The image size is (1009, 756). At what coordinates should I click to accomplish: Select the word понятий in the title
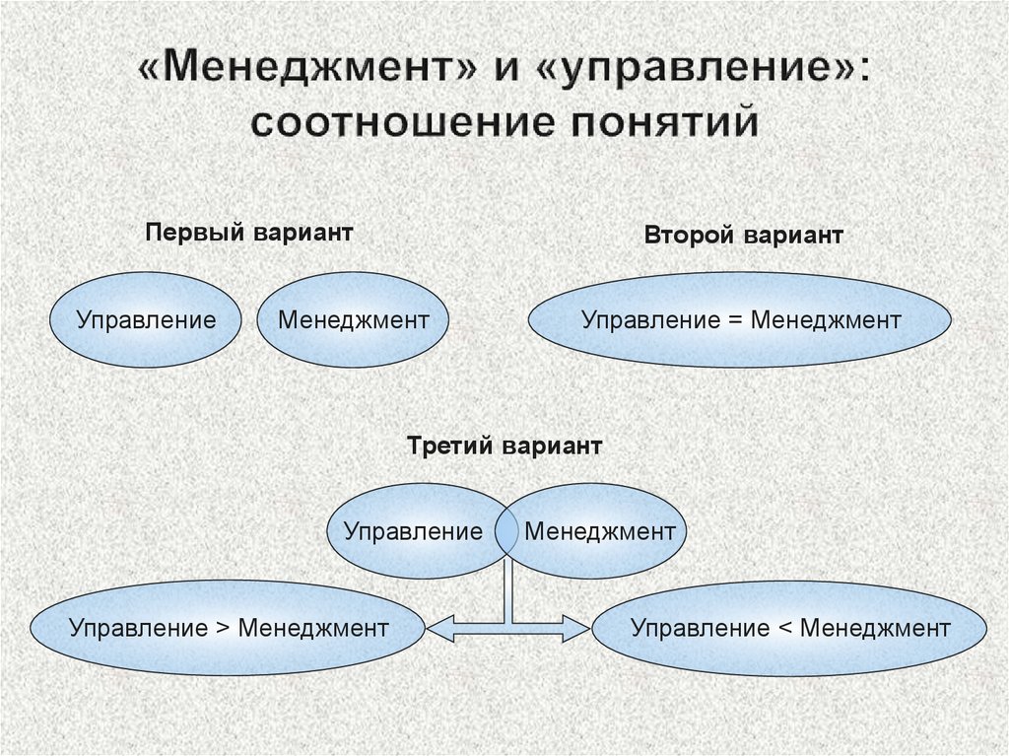(x=665, y=121)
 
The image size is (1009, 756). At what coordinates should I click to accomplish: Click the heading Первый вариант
(x=249, y=232)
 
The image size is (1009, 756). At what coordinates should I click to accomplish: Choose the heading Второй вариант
(x=743, y=235)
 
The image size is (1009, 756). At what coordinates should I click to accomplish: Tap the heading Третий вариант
(x=504, y=446)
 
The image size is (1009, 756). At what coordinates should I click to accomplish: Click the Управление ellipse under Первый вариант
(x=146, y=320)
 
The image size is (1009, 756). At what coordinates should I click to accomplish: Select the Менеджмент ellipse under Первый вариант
(x=353, y=320)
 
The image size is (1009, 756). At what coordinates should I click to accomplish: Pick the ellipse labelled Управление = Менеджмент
(x=740, y=320)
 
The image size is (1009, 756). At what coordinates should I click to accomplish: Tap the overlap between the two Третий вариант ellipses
(x=506, y=531)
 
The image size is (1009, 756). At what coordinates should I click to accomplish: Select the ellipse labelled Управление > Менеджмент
(x=228, y=628)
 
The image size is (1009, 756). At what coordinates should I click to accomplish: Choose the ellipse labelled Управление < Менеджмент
(x=789, y=628)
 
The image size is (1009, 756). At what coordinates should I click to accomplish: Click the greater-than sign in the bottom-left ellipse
(x=223, y=629)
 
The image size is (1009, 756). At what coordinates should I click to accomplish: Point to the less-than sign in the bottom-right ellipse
(x=784, y=629)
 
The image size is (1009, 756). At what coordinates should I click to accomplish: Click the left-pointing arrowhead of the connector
(x=439, y=628)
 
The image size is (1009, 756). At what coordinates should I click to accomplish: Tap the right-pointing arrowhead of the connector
(x=577, y=628)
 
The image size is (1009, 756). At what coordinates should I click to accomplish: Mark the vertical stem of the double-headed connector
(x=508, y=591)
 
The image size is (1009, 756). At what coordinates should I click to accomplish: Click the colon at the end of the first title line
(x=863, y=70)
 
